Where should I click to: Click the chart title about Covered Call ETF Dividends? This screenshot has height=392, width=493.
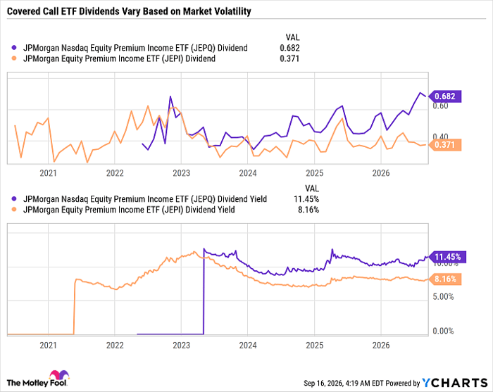[x=129, y=11]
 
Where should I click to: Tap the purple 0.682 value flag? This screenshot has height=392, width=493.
[x=444, y=96]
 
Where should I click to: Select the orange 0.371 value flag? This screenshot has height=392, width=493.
[x=444, y=145]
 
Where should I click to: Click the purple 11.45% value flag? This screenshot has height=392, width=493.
[x=447, y=257]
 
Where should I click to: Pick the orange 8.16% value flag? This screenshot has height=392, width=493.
[x=444, y=279]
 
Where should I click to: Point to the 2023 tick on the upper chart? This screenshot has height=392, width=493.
[x=182, y=173]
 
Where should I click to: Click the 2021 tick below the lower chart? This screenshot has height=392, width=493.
[x=48, y=345]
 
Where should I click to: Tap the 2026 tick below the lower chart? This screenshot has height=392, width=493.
[x=381, y=345]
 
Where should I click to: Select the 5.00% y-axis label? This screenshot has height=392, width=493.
[x=443, y=296]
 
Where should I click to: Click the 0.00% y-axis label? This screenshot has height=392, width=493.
[x=443, y=331]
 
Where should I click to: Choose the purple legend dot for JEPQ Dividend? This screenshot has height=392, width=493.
[x=14, y=48]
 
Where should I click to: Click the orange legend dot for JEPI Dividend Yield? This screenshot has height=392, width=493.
[x=14, y=210]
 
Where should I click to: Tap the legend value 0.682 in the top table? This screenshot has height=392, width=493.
[x=289, y=48]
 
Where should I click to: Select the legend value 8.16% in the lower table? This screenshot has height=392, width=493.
[x=308, y=210]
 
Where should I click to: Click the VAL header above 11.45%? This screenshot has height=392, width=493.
[x=311, y=189]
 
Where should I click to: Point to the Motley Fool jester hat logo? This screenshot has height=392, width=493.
[x=58, y=374]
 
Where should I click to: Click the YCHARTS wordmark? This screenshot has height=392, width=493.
[x=455, y=383]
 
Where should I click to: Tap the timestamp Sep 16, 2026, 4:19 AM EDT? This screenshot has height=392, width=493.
[x=344, y=384]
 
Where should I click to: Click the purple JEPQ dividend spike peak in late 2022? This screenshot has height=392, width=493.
[x=170, y=96]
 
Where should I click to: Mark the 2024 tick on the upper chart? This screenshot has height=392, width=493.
[x=248, y=173]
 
